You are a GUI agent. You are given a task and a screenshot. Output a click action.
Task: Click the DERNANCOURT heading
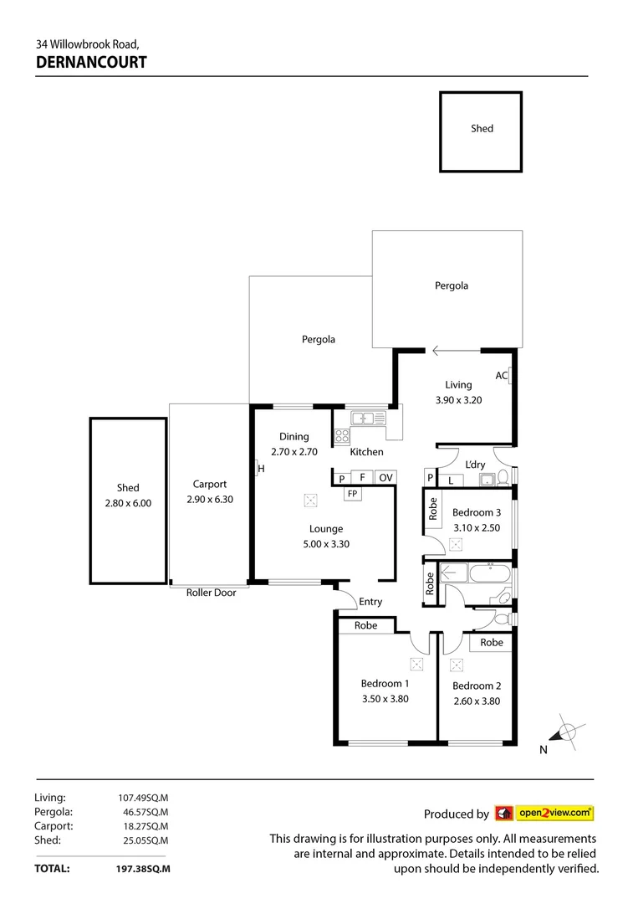[x=91, y=61]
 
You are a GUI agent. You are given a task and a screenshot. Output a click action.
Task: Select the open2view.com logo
[x=544, y=813]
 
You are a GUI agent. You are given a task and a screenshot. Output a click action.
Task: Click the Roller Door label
[x=211, y=593]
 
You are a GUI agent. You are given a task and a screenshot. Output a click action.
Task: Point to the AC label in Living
[x=502, y=376]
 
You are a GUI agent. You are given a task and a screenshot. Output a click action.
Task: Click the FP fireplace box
[x=352, y=493]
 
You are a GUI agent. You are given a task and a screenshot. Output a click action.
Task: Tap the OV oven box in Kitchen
[x=385, y=477]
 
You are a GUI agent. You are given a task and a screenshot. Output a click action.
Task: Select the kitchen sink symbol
[x=363, y=417]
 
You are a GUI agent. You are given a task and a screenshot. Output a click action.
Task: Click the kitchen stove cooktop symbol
[x=341, y=434]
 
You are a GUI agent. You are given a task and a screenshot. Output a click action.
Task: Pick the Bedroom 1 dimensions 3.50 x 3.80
[x=385, y=700]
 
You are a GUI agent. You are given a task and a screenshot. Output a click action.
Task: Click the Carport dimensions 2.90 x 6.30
[x=209, y=500]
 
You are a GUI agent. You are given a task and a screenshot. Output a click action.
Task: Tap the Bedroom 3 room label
[x=477, y=512]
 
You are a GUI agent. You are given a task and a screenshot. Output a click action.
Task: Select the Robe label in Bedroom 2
[x=492, y=642]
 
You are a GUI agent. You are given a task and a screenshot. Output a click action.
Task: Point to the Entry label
[x=370, y=602]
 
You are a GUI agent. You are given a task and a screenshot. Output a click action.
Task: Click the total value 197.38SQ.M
[x=142, y=869]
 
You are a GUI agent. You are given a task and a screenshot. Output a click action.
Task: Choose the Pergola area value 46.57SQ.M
[x=143, y=812]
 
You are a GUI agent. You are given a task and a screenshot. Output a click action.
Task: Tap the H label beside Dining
[x=261, y=468]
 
